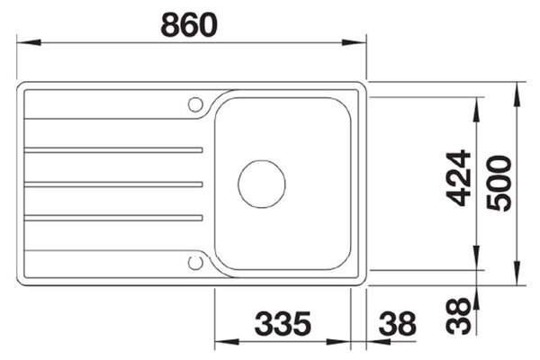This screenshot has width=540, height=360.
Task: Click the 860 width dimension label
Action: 189,25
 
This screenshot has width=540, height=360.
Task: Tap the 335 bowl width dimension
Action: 283,323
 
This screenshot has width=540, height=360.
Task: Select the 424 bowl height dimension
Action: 458,178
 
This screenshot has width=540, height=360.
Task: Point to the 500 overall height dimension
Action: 499,184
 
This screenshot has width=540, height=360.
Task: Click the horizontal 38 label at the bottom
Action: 398,323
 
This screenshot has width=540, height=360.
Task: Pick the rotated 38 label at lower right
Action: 458,316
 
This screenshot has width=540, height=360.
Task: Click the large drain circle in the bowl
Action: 262,184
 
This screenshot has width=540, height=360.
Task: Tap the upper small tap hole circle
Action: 195,104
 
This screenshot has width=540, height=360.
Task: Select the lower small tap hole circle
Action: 195,263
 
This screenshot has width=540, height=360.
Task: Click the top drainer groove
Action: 113,150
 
